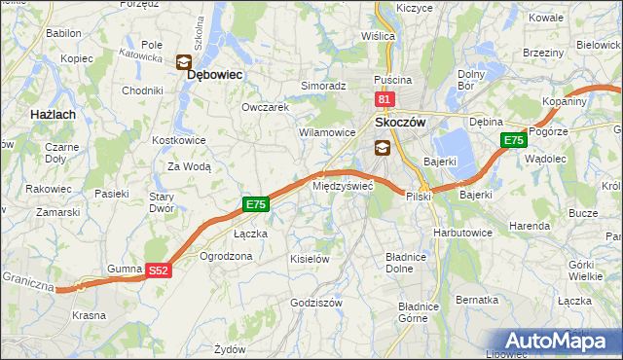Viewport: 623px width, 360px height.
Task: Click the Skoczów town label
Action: coord(402,124)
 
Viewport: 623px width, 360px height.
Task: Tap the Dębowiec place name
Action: coord(214,74)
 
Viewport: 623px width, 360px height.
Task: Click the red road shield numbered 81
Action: coord(384,99)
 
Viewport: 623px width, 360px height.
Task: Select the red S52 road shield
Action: coord(160,271)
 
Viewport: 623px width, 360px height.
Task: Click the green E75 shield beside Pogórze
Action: coord(515,141)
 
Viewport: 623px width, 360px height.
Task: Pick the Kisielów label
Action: coord(311,259)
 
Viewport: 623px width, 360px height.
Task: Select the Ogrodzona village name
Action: coord(225,256)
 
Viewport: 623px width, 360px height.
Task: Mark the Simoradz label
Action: coord(323,86)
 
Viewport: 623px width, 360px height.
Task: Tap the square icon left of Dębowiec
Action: coord(183,62)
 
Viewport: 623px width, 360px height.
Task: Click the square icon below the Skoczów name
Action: coord(383,148)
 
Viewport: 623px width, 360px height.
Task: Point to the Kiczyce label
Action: coord(414,8)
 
